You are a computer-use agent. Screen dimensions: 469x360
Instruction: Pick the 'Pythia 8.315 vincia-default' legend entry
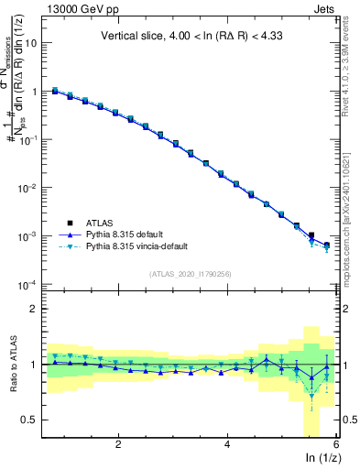tap(144, 246)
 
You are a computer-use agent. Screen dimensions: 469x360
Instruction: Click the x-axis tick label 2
tap(118, 444)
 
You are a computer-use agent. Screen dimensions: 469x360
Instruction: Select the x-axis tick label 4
tap(227, 444)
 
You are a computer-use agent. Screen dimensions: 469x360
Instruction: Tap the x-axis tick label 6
tap(335, 444)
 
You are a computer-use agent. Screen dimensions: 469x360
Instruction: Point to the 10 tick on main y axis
tap(34, 43)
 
